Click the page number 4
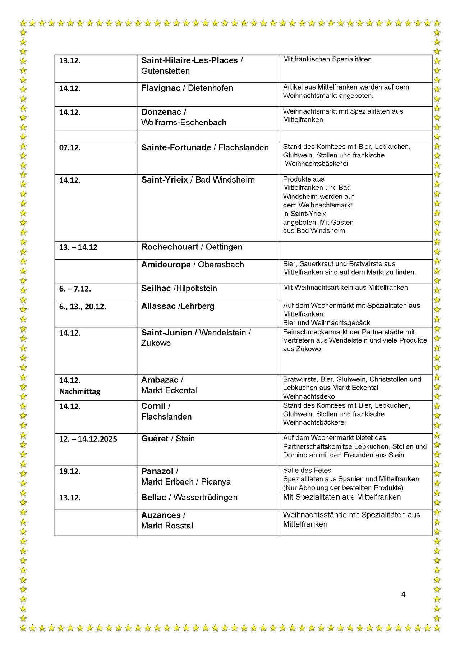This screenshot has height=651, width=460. [403, 595]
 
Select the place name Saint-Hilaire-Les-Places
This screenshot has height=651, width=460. [189, 60]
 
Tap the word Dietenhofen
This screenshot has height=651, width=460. [211, 88]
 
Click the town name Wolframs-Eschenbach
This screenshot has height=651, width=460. [184, 122]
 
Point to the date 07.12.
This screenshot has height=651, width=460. [70, 148]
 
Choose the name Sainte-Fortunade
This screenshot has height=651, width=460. [176, 147]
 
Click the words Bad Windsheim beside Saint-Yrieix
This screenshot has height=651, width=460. [225, 180]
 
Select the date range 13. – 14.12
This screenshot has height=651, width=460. [78, 247]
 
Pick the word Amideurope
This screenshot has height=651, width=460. [166, 265]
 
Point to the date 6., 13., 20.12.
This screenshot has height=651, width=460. [83, 307]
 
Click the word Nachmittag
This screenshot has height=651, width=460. [79, 391]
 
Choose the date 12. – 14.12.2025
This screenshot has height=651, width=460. [88, 439]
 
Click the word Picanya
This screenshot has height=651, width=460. [216, 482]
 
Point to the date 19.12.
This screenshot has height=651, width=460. [70, 471]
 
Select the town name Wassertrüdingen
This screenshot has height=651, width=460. [206, 498]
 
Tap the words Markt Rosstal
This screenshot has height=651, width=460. [167, 526]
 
